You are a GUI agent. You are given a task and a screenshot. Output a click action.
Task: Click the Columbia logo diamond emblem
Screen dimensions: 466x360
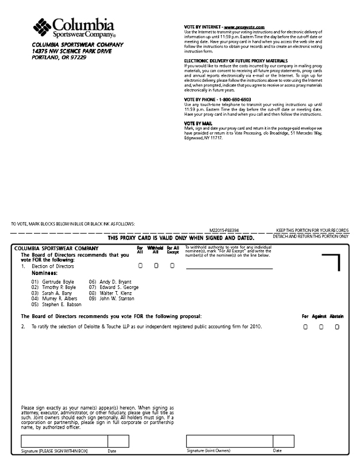pyautogui.click(x=43, y=26)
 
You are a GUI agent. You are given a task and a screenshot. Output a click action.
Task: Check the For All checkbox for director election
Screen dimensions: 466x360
pyautogui.click(x=140, y=266)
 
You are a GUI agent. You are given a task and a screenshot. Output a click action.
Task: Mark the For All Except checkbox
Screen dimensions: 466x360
pyautogui.click(x=172, y=266)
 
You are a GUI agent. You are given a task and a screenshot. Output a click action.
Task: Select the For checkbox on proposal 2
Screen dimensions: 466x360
pyautogui.click(x=305, y=327)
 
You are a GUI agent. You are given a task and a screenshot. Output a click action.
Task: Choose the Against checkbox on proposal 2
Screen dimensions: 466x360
pyautogui.click(x=321, y=327)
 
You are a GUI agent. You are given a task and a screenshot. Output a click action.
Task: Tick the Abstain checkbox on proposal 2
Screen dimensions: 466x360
pyautogui.click(x=337, y=327)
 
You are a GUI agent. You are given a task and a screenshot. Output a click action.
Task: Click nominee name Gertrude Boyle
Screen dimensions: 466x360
pyautogui.click(x=60, y=282)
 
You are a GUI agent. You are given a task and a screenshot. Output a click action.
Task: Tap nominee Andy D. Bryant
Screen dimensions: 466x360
pyautogui.click(x=115, y=282)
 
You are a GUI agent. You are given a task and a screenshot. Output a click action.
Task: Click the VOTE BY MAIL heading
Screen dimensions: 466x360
pyautogui.click(x=198, y=123)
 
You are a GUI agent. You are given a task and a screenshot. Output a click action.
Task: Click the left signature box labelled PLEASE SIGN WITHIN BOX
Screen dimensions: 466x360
pyautogui.click(x=64, y=441)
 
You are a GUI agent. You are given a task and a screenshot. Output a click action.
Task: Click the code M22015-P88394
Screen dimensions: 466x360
pyautogui.click(x=224, y=230)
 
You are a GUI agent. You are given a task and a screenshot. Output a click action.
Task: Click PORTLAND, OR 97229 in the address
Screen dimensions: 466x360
pyautogui.click(x=59, y=58)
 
